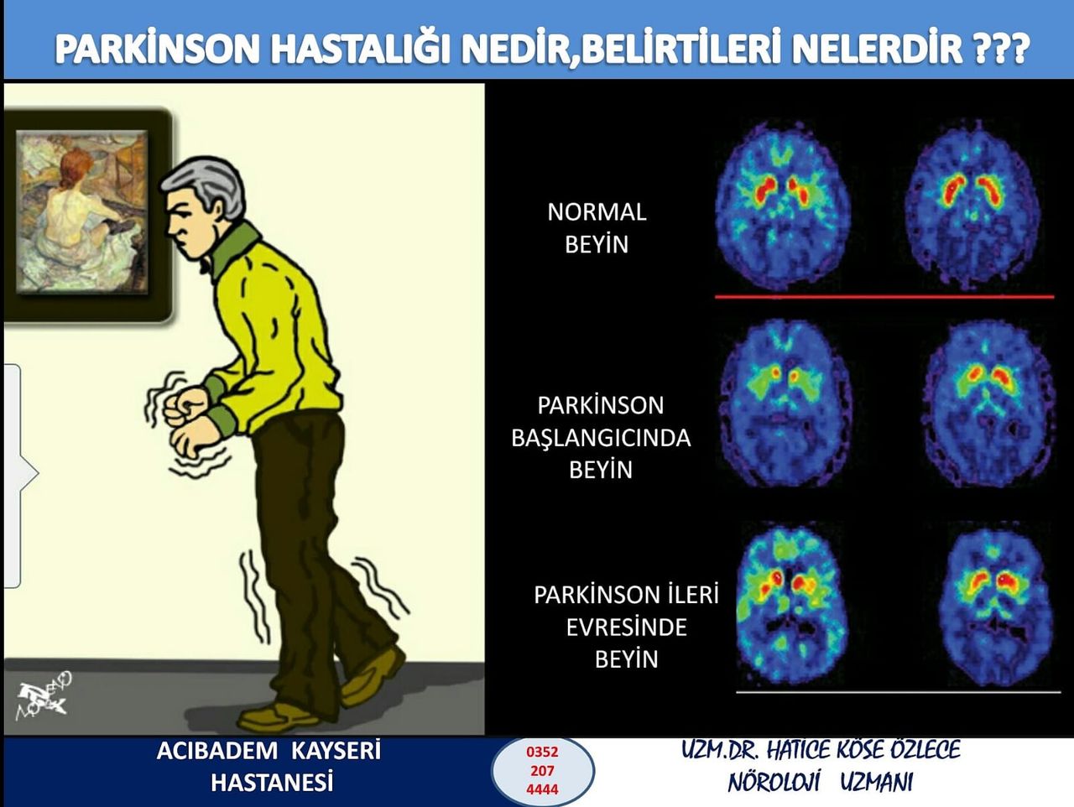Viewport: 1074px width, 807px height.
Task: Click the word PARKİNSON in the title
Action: [157, 49]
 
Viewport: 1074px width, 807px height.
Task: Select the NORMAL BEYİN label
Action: [597, 227]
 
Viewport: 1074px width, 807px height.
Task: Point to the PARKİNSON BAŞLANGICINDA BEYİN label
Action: [601, 437]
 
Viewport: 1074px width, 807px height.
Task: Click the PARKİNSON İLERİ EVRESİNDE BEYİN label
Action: [626, 627]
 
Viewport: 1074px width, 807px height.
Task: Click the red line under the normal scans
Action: [884, 296]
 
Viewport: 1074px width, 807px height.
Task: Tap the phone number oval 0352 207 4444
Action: [542, 770]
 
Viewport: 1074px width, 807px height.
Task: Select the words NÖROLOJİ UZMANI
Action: [820, 783]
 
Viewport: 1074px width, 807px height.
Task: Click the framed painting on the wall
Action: [82, 213]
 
